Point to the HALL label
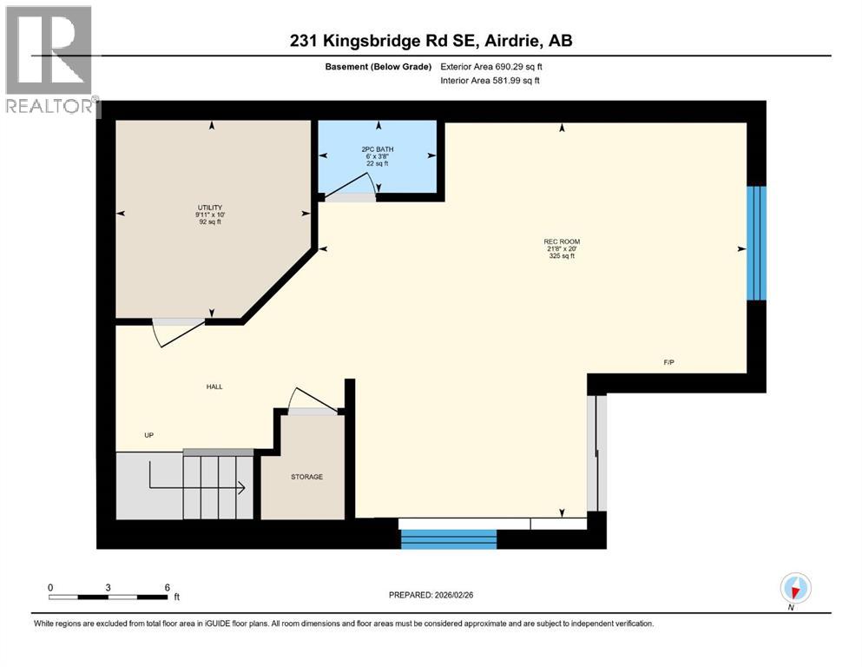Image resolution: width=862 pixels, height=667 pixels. tap(214, 386)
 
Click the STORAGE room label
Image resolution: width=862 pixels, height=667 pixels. tap(306, 477)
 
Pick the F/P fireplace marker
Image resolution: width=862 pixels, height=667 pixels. tap(668, 362)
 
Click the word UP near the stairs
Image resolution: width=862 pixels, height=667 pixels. tap(149, 435)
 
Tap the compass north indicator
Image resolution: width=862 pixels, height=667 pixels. tap(795, 588)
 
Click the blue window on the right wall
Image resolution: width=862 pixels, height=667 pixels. tap(756, 242)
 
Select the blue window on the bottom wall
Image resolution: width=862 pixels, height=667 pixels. tap(448, 539)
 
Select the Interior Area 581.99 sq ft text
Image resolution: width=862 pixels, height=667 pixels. tap(490, 81)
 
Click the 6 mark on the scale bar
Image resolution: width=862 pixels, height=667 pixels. tap(166, 587)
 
